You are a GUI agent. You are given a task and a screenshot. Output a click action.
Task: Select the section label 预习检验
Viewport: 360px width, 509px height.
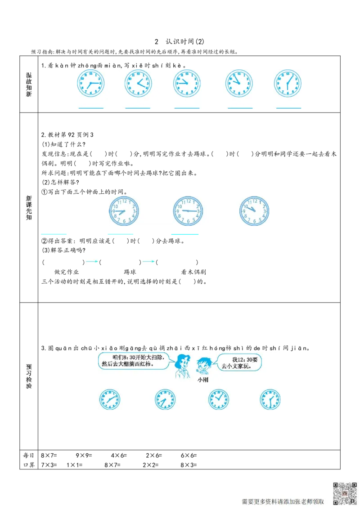pyautogui.click(x=29, y=376)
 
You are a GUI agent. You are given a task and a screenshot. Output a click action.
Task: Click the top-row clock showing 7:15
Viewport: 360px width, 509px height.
pyautogui.click(x=90, y=83)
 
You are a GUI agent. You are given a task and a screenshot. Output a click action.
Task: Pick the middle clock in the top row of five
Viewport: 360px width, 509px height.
pyautogui.click(x=187, y=83)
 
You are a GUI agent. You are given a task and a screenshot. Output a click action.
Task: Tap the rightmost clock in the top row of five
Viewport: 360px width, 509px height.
pyautogui.click(x=288, y=83)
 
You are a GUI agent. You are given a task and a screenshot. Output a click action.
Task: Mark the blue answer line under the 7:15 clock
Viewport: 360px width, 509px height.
pyautogui.click(x=90, y=109)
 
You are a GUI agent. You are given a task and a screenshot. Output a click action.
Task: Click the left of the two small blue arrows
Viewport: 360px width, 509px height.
pyautogui.click(x=92, y=261)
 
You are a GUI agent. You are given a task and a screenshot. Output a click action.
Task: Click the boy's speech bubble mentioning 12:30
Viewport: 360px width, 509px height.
pyautogui.click(x=238, y=362)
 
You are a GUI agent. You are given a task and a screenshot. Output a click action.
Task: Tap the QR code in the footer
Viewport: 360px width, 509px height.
pyautogui.click(x=345, y=493)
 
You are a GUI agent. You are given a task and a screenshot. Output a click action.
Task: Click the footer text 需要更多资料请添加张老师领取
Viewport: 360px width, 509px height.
pyautogui.click(x=283, y=501)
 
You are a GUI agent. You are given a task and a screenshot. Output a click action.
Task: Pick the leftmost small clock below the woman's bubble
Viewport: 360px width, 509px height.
pyautogui.click(x=109, y=399)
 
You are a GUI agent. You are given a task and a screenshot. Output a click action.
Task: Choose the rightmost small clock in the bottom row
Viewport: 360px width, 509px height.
pyautogui.click(x=270, y=399)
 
